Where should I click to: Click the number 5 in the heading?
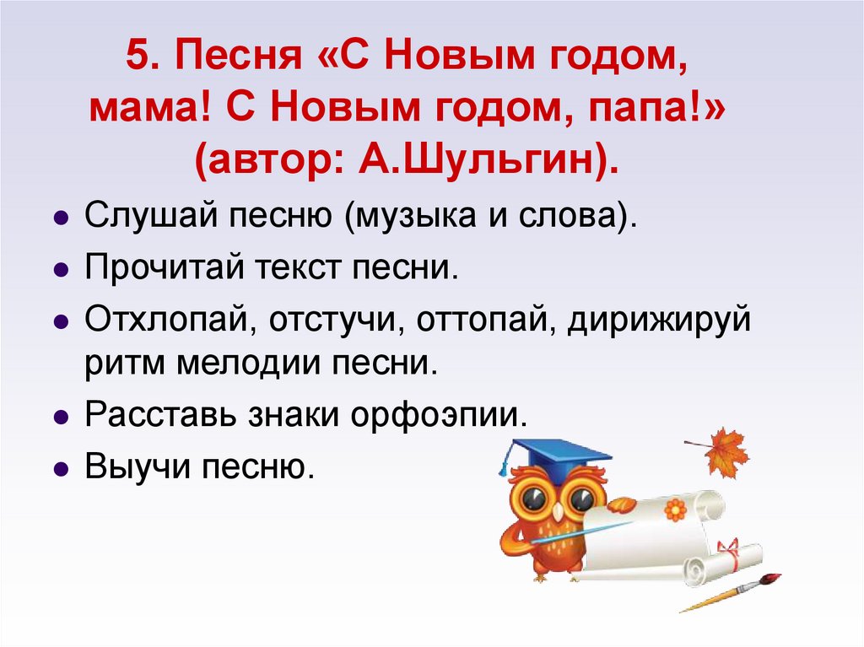[x=138, y=60]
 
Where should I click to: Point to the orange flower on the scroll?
[x=675, y=509]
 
